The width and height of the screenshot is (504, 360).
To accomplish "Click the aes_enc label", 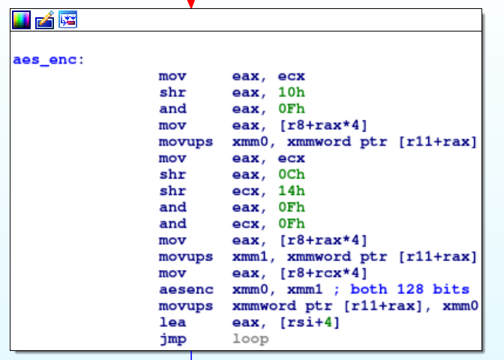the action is pyautogui.click(x=48, y=60).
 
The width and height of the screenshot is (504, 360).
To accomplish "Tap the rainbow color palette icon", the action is pyautogui.click(x=21, y=19).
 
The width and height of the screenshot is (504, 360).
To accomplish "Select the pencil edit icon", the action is pyautogui.click(x=45, y=19).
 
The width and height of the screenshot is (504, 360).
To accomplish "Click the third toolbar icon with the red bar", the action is pyautogui.click(x=67, y=19).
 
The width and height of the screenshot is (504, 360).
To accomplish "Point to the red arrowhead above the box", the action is pyautogui.click(x=191, y=4).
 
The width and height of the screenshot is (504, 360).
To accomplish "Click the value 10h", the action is pyautogui.click(x=292, y=92).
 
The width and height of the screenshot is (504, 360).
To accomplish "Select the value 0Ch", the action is pyautogui.click(x=292, y=175).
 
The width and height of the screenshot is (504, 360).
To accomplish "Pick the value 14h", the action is pyautogui.click(x=292, y=191).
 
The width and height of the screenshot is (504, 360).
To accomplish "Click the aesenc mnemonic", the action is pyautogui.click(x=187, y=289).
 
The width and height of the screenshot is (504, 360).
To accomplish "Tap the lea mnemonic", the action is pyautogui.click(x=172, y=322).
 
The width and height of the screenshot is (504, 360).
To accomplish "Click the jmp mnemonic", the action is pyautogui.click(x=173, y=340).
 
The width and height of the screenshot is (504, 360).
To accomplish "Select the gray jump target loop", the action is pyautogui.click(x=250, y=340).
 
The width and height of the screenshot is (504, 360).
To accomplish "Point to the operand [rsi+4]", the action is pyautogui.click(x=310, y=322).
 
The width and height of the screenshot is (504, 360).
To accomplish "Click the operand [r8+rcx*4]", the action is pyautogui.click(x=323, y=273).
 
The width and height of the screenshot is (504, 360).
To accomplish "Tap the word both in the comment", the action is pyautogui.click(x=369, y=289).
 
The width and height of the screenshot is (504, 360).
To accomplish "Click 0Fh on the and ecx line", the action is pyautogui.click(x=292, y=223).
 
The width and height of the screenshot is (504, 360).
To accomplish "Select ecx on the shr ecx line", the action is pyautogui.click(x=246, y=191).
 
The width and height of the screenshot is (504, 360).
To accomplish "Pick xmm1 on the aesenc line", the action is pyautogui.click(x=304, y=289).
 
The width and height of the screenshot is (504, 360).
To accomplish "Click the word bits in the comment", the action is pyautogui.click(x=451, y=289).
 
